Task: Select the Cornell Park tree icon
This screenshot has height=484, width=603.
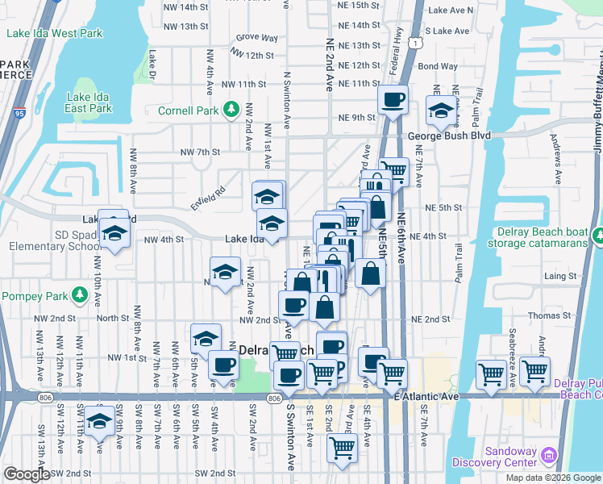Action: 231,108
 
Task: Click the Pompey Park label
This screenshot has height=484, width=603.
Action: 35,295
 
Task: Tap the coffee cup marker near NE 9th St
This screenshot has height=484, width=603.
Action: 393,102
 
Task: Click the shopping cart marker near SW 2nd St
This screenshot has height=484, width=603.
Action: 342,449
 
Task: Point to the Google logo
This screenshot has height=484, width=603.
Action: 27,474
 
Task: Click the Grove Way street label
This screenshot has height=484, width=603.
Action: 257,38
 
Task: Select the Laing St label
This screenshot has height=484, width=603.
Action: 559,276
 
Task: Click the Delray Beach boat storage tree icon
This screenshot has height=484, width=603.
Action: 597,237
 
